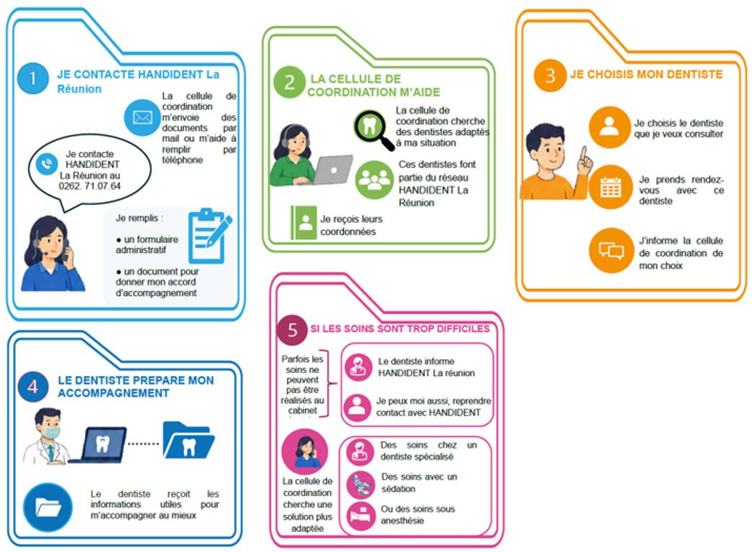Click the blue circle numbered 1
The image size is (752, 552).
tap(32, 78)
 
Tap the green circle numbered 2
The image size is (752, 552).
tap(289, 83)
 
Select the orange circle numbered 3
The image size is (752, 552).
tap(549, 75)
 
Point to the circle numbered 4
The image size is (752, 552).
tap(32, 387)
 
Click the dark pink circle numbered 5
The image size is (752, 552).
tap(292, 330)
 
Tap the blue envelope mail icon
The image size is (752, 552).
tap(142, 117)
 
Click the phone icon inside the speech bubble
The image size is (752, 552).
tap(47, 165)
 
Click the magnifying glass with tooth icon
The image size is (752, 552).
tap(374, 130)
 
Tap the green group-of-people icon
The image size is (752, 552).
tap(375, 180)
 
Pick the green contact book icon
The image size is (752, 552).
tap(303, 223)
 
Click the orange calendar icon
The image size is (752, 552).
tap(610, 187)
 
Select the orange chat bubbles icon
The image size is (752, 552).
tap(612, 250)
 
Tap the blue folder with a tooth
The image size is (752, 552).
tap(188, 441)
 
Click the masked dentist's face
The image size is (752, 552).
tap(49, 425)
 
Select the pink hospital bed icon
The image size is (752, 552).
tap(361, 516)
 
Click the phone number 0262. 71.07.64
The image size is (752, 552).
tap(90, 186)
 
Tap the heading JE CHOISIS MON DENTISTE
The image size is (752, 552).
tap(646, 74)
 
